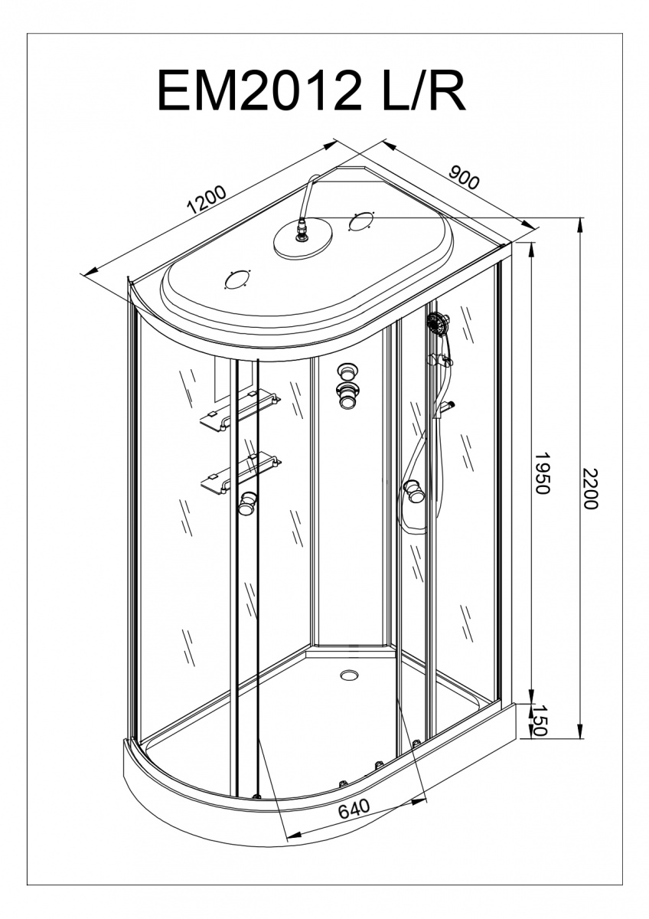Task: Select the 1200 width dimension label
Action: (x=207, y=201)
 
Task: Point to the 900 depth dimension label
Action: (x=464, y=178)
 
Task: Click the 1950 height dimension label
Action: (x=541, y=473)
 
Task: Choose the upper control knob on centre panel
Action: (x=348, y=371)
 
